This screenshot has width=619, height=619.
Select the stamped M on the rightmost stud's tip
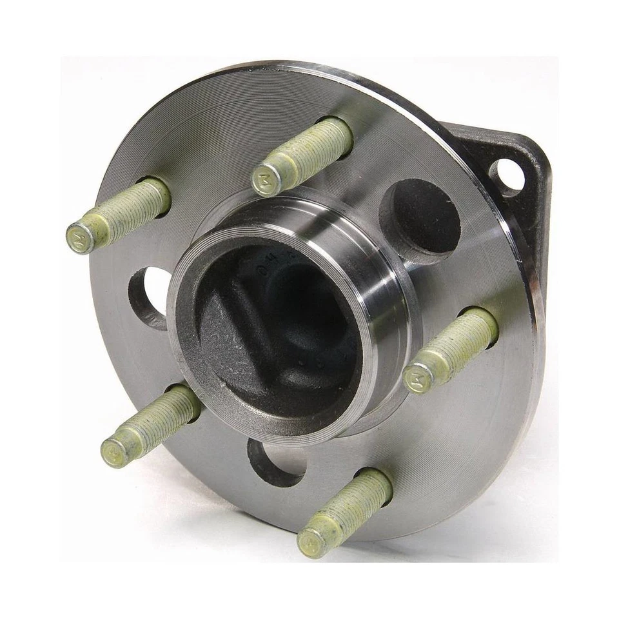coord(417,377)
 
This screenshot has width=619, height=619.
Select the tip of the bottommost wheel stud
coord(315,538)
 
